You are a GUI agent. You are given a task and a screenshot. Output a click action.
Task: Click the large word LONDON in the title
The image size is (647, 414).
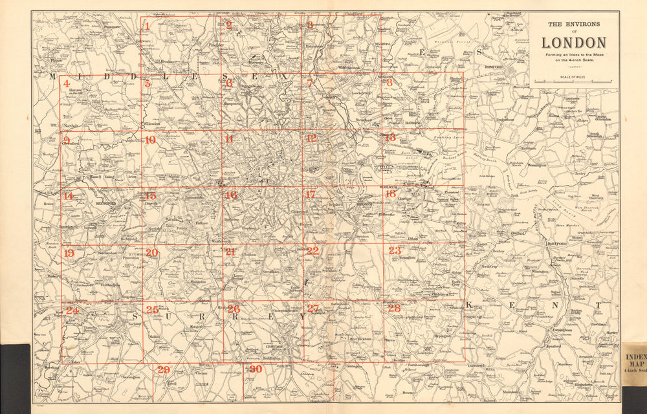point(574,43)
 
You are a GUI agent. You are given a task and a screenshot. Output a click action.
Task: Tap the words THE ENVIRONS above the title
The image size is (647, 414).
point(574,24)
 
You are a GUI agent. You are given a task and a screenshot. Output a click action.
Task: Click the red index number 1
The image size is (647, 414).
point(148,27)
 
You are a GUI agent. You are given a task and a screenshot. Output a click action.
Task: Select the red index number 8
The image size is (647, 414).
point(389,82)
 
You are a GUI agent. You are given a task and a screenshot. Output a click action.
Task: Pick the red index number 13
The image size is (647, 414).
point(389,137)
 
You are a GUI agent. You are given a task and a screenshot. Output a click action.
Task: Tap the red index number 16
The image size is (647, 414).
point(231,195)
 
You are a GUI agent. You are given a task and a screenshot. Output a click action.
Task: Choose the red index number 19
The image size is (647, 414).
point(69,253)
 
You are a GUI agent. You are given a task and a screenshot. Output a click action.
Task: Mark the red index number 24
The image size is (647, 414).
point(72,310)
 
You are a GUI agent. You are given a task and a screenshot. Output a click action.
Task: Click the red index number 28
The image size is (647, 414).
point(394,309)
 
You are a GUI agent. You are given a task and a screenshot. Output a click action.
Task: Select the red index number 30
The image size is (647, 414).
point(256,369)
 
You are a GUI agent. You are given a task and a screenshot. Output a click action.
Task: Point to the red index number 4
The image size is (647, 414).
point(67,83)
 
